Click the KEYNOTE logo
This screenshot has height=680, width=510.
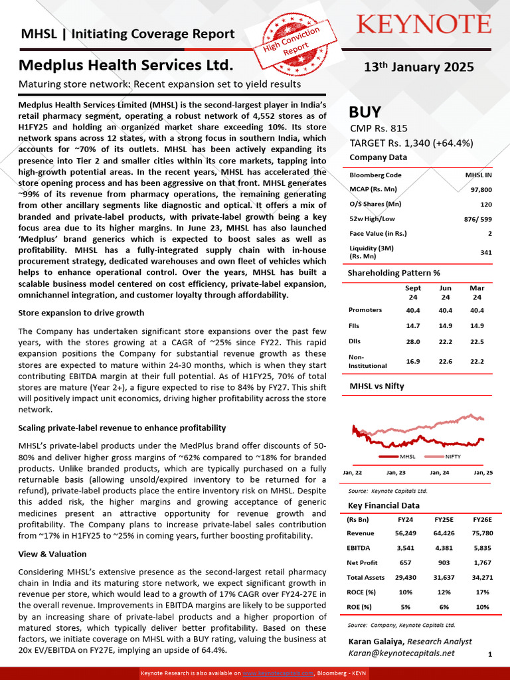(x=424, y=25)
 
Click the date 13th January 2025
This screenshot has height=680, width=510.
(x=419, y=66)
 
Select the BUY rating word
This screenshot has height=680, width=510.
(x=365, y=112)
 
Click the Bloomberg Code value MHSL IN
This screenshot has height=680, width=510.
(x=478, y=175)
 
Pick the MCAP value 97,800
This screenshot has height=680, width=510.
(x=481, y=190)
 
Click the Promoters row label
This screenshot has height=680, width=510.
(x=365, y=310)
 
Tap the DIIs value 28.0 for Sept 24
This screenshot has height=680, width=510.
(x=413, y=342)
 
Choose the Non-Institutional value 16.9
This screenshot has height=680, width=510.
(x=413, y=361)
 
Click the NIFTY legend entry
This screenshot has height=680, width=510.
(x=452, y=457)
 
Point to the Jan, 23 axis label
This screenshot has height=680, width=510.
(x=396, y=473)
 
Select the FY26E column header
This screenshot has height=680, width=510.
(x=482, y=520)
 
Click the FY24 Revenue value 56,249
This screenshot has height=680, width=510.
(x=405, y=533)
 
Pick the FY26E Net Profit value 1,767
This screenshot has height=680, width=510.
(x=482, y=562)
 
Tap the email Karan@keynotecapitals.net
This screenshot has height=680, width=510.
(x=402, y=653)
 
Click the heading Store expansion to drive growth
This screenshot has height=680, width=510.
(x=81, y=313)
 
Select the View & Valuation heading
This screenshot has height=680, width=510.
(x=52, y=554)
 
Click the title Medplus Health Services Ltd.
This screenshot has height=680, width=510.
(x=126, y=66)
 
